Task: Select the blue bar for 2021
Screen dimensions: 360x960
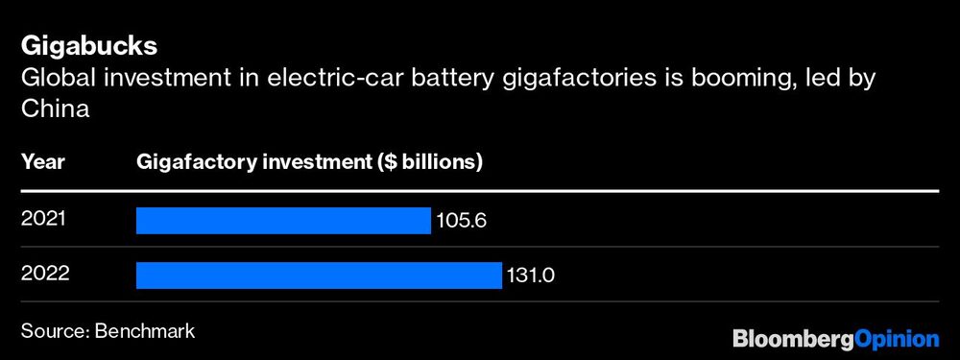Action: [283, 221]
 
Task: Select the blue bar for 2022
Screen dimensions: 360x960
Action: [319, 276]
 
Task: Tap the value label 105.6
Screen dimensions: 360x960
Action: [462, 221]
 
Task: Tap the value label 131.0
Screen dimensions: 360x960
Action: [531, 276]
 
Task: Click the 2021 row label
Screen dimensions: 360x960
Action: [43, 220]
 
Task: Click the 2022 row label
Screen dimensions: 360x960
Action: [43, 276]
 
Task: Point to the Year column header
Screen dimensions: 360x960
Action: [43, 162]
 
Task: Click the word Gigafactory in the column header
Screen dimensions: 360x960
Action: [192, 162]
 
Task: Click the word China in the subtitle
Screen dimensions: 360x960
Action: [55, 109]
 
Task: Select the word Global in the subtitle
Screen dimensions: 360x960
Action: [58, 79]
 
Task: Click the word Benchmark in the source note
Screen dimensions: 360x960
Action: [145, 331]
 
